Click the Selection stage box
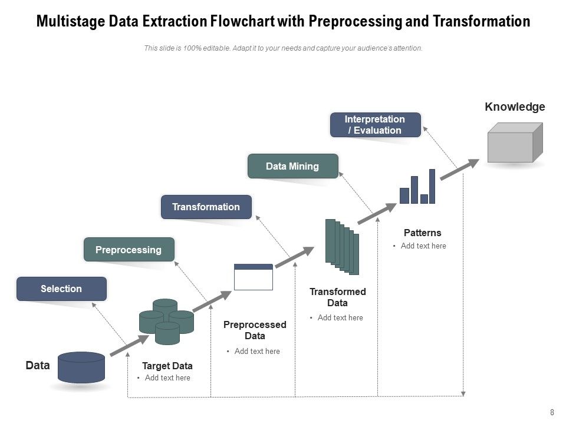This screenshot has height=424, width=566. point(61,289)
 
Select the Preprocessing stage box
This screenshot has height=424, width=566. point(129,250)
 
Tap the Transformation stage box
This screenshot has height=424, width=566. point(206,207)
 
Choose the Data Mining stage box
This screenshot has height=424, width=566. point(292,166)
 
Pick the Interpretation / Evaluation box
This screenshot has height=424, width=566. point(375,125)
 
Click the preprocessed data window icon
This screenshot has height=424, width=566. point(254,277)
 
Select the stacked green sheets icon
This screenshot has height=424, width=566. point(342,246)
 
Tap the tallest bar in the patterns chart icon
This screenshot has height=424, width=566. point(432,186)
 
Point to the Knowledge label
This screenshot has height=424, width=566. point(515,107)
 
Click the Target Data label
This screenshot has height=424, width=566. point(167,366)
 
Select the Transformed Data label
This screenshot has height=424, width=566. point(337,297)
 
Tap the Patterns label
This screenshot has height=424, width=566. point(422,233)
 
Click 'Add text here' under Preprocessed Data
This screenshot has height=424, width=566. point(257,351)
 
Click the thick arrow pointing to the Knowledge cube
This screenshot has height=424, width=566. point(459,168)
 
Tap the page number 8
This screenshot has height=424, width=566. point(552,413)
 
